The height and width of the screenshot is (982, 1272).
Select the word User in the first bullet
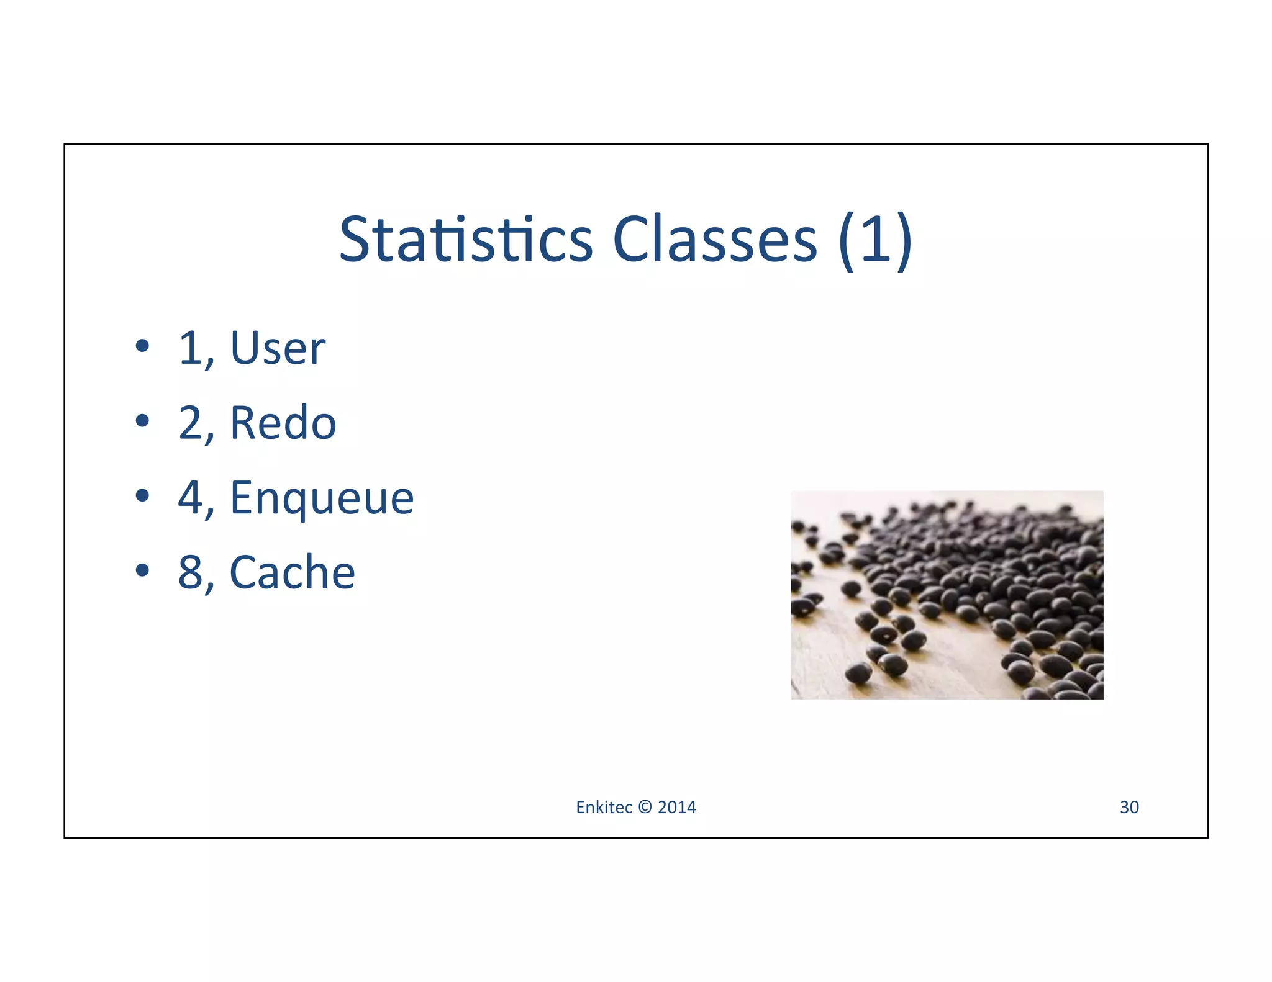pos(278,348)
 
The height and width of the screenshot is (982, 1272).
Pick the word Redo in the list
pos(283,423)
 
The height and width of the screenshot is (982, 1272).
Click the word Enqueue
pos(322,498)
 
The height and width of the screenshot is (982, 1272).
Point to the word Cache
pos(293,573)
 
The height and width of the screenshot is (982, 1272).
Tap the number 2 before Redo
pos(191,423)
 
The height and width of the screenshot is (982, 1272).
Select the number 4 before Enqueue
pos(191,498)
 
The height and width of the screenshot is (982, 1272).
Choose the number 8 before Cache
pos(191,573)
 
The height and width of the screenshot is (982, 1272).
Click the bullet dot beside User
pos(142,346)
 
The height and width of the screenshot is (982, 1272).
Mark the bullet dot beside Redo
pos(142,421)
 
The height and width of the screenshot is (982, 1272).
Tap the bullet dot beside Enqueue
pos(142,495)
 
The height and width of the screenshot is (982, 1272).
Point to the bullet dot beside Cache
pos(142,570)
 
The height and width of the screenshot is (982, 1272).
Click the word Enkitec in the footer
pos(604,808)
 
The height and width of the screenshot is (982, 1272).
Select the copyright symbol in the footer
pos(645,808)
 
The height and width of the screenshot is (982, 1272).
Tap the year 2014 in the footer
pos(677,808)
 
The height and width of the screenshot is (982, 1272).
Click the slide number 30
pos(1129,808)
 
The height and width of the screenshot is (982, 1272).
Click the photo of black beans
pos(947,595)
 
